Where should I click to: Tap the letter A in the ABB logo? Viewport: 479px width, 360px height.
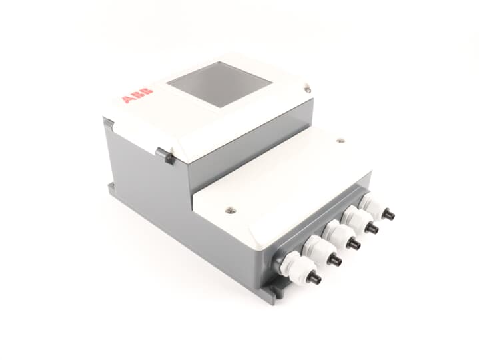[127, 99]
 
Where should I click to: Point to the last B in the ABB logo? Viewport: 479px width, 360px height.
[147, 91]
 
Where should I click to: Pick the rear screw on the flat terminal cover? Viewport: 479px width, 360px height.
[340, 141]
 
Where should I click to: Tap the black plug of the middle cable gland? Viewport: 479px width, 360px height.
[354, 244]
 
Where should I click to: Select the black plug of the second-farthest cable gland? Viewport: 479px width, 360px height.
[372, 229]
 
